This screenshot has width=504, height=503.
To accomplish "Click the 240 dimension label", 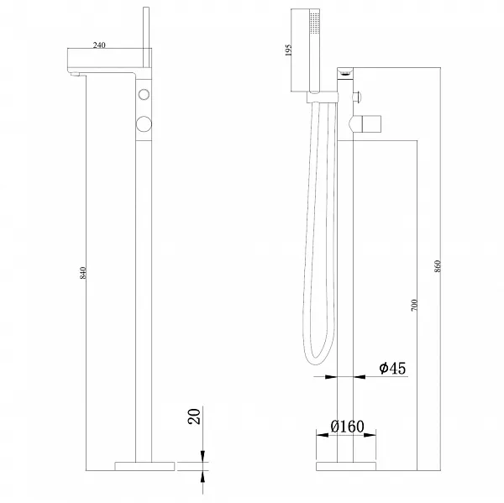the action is [x=99, y=45].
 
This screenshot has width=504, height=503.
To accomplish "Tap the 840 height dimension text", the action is [x=83, y=273].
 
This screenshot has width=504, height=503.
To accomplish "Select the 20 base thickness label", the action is [x=194, y=417].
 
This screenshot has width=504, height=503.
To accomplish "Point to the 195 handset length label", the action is [x=288, y=50].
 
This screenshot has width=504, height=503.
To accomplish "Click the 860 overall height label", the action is [x=437, y=266].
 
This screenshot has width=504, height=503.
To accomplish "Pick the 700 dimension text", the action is [x=414, y=305].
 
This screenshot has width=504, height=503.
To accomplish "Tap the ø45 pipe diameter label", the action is [x=392, y=368].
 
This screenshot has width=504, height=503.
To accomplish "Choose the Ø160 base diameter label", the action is [x=348, y=427].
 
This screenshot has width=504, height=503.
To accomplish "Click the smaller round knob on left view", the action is [x=144, y=95].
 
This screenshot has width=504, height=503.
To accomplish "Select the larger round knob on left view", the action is [x=144, y=123].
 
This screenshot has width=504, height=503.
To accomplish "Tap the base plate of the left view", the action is [x=144, y=466].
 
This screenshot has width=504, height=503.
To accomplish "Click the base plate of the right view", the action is [x=346, y=466].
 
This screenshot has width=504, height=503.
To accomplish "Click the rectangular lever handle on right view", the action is [x=372, y=123].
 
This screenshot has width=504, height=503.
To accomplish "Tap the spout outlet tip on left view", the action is [x=75, y=75].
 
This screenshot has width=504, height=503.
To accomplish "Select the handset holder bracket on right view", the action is [x=323, y=97].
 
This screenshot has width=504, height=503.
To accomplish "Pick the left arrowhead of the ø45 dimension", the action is [x=331, y=377].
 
